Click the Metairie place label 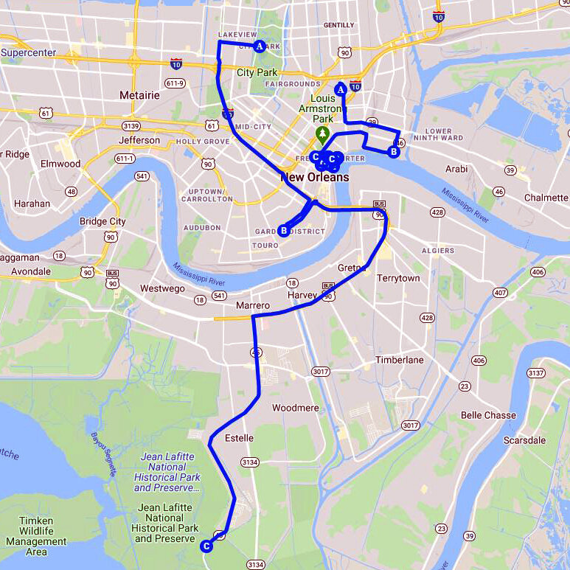pos(139,95)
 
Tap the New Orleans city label pos(315,178)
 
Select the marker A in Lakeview pos(259,46)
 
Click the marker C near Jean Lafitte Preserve pos(206,546)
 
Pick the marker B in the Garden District pos(284,231)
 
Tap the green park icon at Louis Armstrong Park pos(322,133)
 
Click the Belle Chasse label pos(488,415)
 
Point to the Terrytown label pos(398,279)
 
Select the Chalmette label pos(546,198)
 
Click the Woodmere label pos(295,408)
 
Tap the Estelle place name pos(238,438)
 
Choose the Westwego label pos(162,288)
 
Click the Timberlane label pos(399,360)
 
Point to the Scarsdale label pos(524,440)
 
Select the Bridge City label pos(102,221)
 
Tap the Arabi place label pos(456,169)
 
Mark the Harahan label pos(32,204)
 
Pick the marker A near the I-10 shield pos(341,89)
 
